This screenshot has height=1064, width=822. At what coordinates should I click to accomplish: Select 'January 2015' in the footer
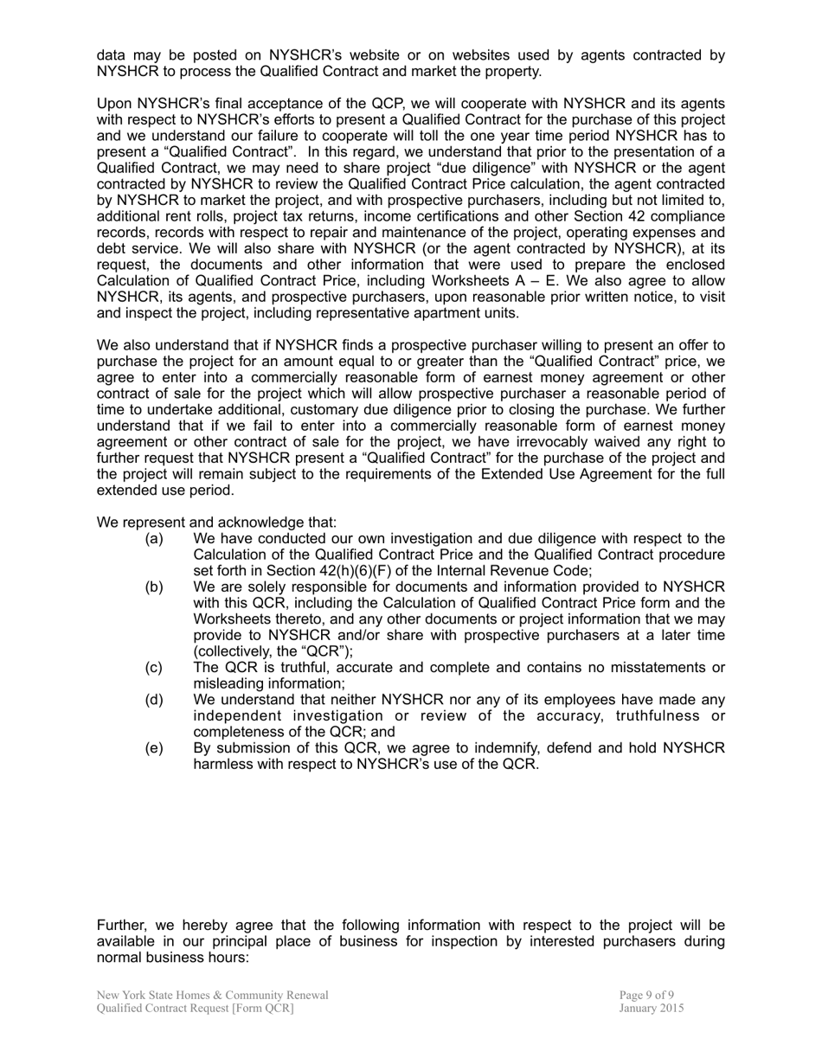[652, 1008]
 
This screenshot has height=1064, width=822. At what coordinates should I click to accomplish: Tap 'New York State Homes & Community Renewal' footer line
[213, 995]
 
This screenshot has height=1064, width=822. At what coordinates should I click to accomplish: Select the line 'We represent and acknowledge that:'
[216, 522]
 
